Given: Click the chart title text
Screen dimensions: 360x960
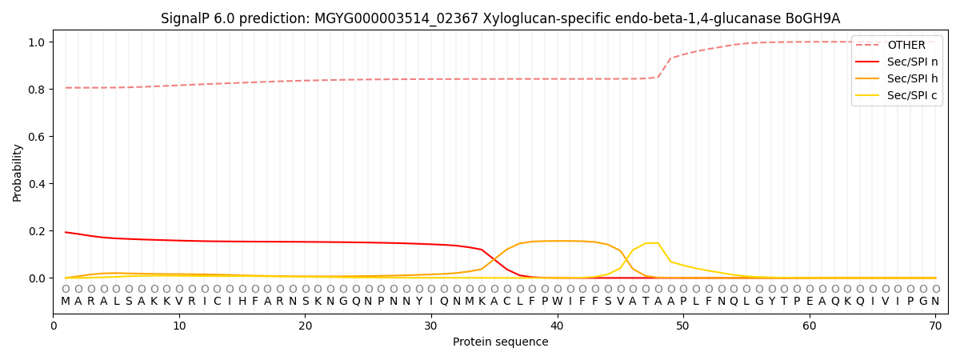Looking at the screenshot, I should coord(500,18).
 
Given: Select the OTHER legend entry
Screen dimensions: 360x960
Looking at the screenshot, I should coord(906,46).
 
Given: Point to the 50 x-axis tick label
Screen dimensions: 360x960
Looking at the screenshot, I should coord(683,326).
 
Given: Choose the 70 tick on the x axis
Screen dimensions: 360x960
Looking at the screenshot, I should coord(935,326).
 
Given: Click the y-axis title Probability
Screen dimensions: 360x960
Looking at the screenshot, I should coord(17,173).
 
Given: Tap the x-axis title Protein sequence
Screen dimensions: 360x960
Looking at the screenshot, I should coord(500,342).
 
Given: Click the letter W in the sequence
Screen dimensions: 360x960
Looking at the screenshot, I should coord(558,302).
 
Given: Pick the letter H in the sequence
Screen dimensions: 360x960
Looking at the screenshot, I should coord(242,302).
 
